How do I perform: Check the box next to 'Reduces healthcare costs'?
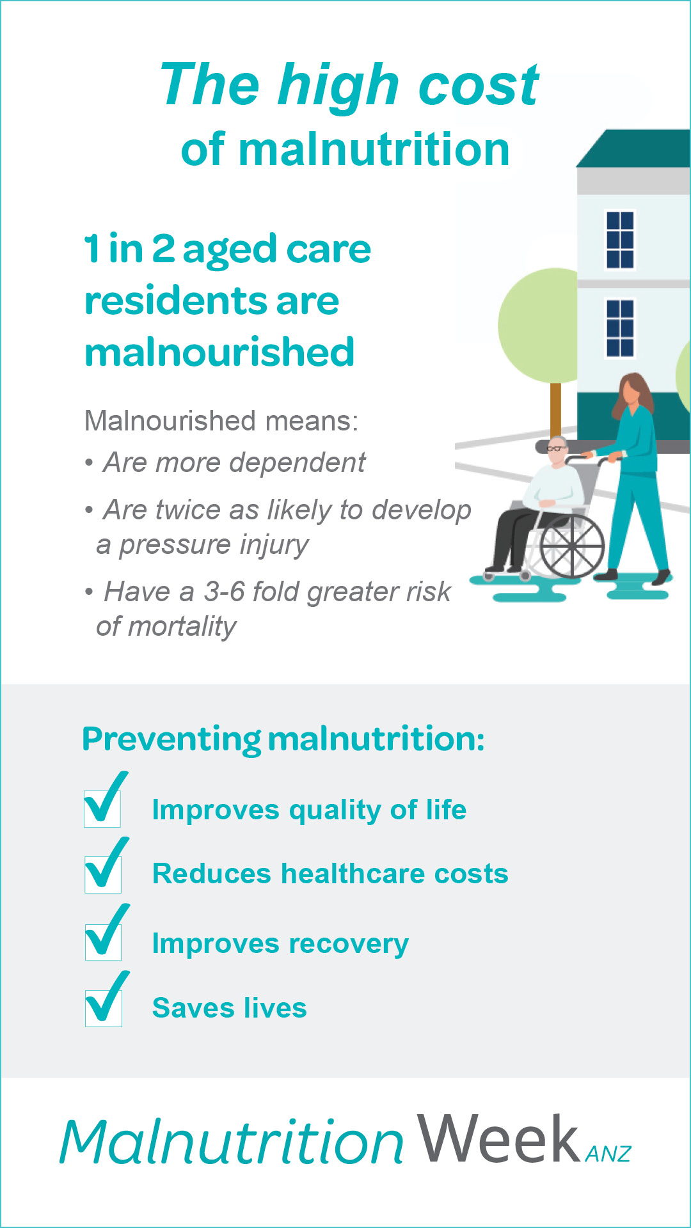103,874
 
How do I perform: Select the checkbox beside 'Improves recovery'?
103,941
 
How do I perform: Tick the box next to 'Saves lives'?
104,1008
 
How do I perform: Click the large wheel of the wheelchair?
571,546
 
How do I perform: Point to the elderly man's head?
557,450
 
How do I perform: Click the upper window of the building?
620,239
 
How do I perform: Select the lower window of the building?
620,327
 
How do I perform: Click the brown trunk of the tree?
555,410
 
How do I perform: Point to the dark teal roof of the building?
633,148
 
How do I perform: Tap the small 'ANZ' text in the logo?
608,1154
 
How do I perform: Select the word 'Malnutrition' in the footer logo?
232,1141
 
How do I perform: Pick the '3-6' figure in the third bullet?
224,592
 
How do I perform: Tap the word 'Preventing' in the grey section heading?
171,740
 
